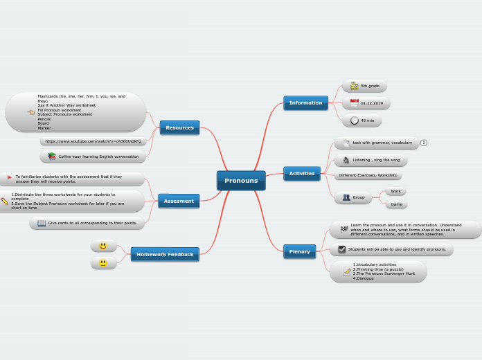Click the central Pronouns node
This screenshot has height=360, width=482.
click(241, 181)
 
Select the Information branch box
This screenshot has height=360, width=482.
click(305, 103)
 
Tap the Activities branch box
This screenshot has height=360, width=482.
click(302, 174)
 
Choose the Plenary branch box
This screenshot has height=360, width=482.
click(299, 252)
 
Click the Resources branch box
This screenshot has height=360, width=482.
click(179, 128)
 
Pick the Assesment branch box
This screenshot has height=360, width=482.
click(179, 201)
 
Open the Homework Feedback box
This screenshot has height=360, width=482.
click(165, 255)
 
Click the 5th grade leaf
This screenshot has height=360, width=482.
click(365, 86)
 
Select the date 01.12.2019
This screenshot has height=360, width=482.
click(366, 103)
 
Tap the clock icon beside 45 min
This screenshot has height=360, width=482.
click(355, 120)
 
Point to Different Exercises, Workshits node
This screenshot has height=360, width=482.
click(368, 175)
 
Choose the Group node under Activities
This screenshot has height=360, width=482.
click(353, 197)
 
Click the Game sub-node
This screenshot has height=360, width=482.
click(396, 204)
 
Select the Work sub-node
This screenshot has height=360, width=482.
click(395, 191)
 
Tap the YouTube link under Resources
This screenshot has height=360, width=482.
click(93, 141)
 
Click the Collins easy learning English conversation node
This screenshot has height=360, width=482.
click(93, 156)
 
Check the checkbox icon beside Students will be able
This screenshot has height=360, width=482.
click(342, 249)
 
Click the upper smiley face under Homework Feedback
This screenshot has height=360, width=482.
click(103, 246)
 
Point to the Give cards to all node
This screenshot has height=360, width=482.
click(87, 223)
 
